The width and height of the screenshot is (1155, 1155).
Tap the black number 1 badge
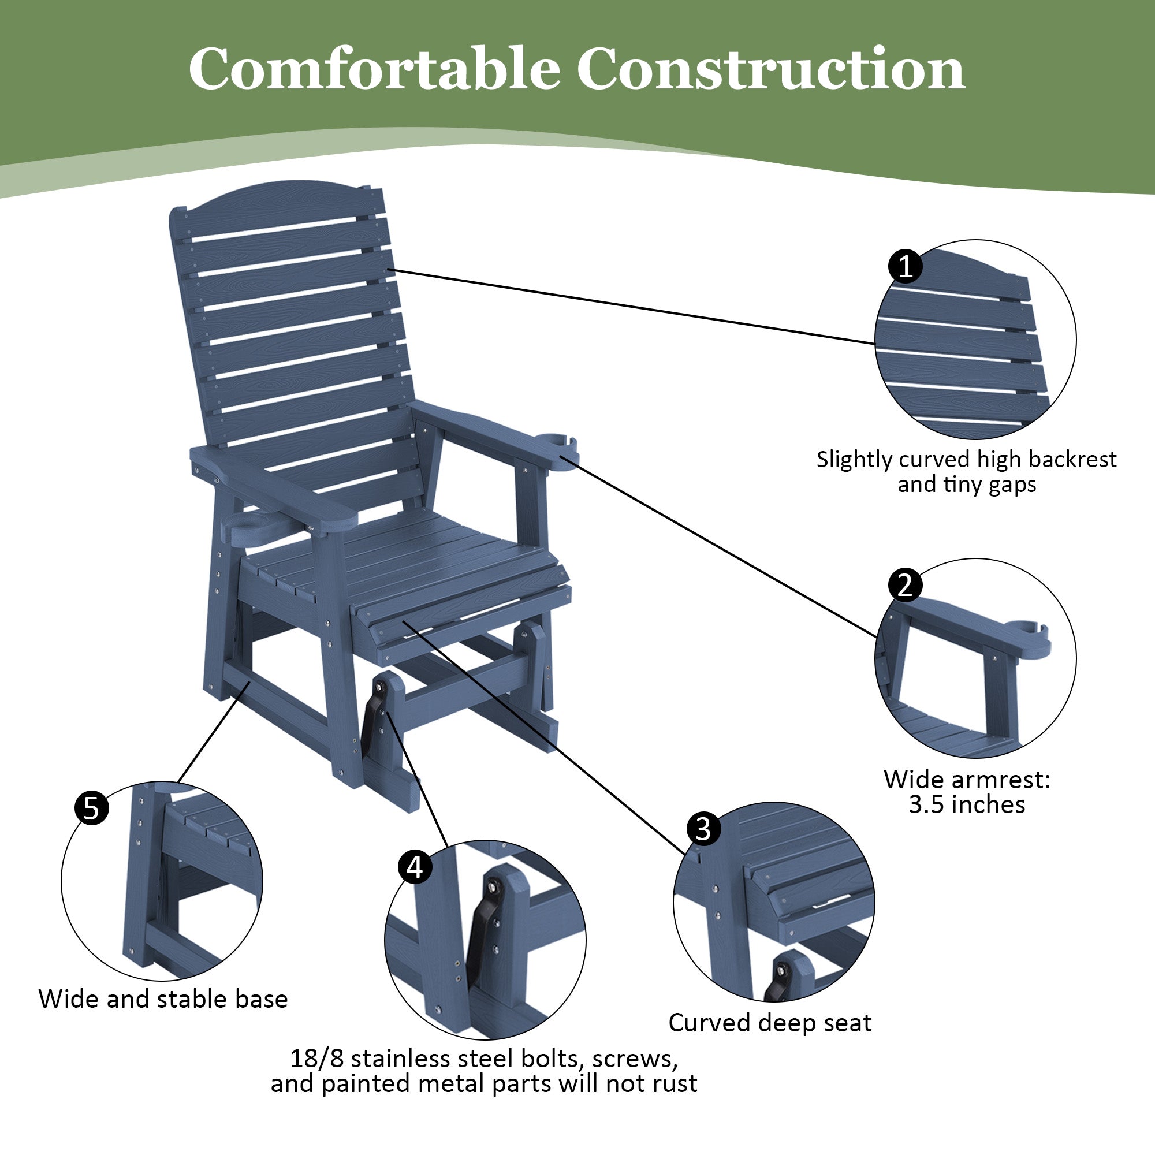(904, 266)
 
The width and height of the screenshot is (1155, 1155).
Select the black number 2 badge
(904, 584)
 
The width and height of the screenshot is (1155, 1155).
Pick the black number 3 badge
(703, 829)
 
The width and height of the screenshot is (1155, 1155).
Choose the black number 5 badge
(91, 808)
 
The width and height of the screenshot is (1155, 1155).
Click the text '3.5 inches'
(967, 804)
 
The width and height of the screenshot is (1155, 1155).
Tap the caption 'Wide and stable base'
(163, 999)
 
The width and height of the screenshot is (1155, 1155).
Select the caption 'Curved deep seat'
(770, 1022)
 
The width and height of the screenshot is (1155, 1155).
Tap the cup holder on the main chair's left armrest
(251, 526)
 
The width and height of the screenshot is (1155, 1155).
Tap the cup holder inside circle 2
(1028, 635)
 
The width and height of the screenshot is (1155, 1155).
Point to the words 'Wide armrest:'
(967, 780)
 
